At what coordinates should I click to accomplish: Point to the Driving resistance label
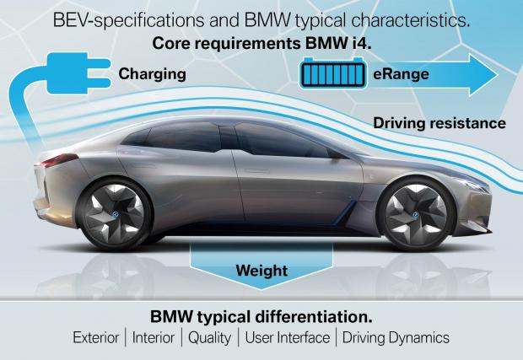439,123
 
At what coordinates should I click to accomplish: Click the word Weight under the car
261,271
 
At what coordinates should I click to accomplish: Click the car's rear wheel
116,210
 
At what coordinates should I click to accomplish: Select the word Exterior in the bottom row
98,338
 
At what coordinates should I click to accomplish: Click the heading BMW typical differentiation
261,318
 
